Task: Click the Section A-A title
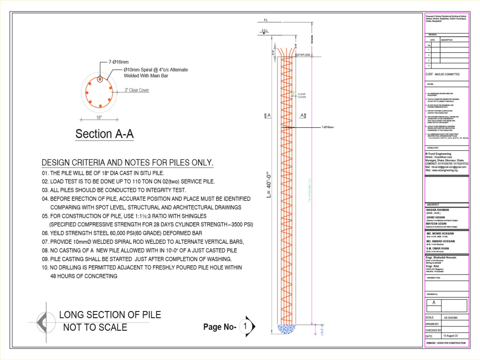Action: point(104,134)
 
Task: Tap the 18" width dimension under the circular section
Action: point(99,117)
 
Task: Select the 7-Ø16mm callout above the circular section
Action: point(118,62)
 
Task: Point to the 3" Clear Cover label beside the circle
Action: point(137,90)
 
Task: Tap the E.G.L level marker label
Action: point(265,31)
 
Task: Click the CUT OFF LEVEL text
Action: point(303,55)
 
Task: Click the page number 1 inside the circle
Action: point(245,326)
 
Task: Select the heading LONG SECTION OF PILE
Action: point(110,315)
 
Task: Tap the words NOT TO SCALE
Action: point(95,328)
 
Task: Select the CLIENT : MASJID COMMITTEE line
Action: point(443,74)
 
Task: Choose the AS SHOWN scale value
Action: point(452,318)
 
